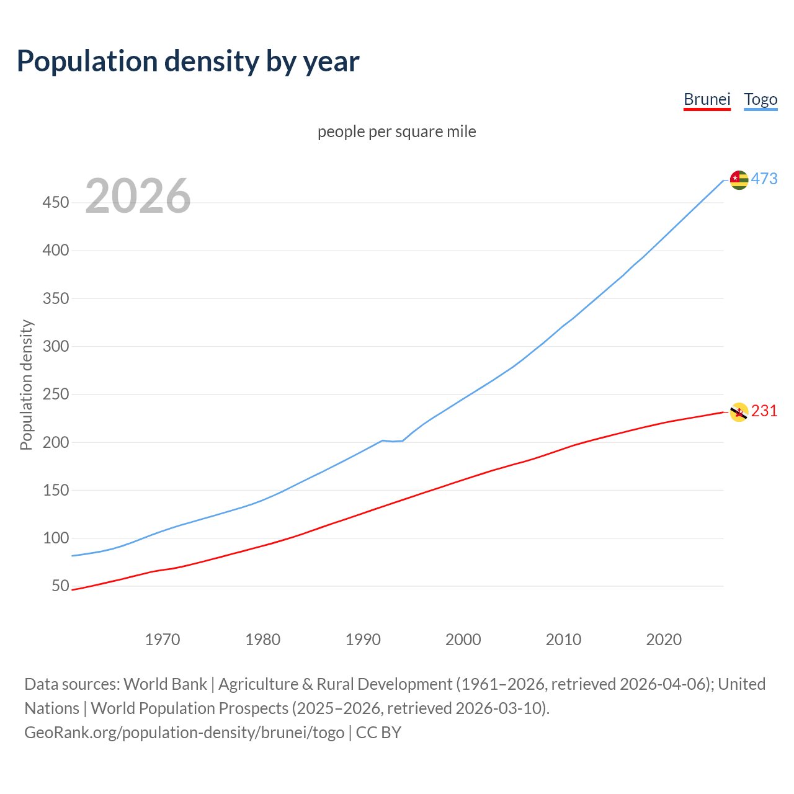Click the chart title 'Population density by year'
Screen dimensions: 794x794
pos(188,61)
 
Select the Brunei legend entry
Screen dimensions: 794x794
pos(707,99)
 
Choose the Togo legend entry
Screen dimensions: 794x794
pos(761,99)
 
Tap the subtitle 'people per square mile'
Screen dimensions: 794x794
pos(396,132)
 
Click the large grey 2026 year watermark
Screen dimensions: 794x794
pos(138,196)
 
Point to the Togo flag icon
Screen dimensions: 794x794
pos(739,180)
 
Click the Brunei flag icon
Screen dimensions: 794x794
pos(739,412)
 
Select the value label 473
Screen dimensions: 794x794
pos(764,179)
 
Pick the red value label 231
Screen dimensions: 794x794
pos(764,411)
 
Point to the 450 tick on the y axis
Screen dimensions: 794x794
pos(56,203)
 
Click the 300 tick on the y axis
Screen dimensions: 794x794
pos(56,347)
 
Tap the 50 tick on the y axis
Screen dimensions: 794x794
pos(60,586)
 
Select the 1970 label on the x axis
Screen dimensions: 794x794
pos(163,640)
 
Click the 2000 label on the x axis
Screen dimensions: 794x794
pos(463,640)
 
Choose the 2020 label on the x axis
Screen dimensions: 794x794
pos(664,640)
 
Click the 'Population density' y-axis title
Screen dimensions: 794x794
pos(26,385)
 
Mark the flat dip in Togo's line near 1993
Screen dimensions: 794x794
pos(393,441)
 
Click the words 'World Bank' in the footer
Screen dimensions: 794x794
pos(165,684)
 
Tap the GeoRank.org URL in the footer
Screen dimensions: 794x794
pos(184,733)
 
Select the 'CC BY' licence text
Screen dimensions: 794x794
pos(378,733)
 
